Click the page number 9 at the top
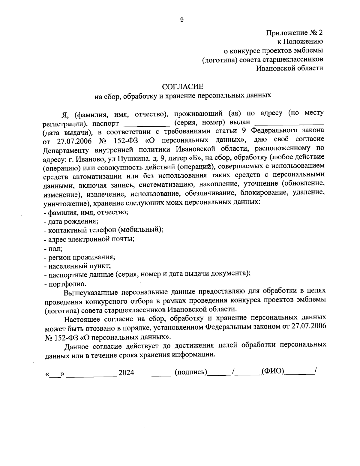(181, 20)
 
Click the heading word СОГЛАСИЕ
(182, 87)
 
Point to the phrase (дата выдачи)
(67, 132)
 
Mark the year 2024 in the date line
(126, 373)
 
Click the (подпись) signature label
(191, 372)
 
